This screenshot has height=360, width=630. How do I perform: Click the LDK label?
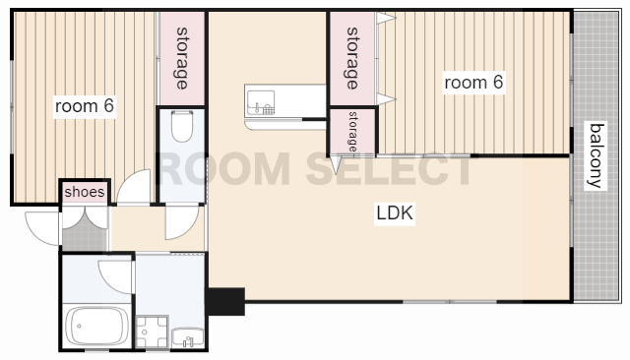pos(395,212)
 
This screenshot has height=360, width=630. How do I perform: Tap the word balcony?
pos(596,155)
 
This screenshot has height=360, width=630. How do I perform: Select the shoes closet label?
pos(85,192)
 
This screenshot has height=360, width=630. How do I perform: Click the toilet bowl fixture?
pos(182,126)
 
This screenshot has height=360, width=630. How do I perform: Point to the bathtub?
pos(96,326)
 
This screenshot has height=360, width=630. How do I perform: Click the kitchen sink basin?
pos(261,102)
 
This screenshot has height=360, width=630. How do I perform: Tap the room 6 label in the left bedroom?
pos(85,106)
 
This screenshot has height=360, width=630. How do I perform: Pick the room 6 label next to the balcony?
pos(473,83)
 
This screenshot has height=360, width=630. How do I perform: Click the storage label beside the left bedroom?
pos(182,58)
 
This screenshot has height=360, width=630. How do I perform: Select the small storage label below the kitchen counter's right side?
pos(352,131)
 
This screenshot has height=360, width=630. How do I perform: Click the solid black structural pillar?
pos(225,301)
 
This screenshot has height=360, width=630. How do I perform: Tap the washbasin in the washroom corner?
pos(188,338)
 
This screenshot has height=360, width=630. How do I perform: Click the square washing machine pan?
pos(152,331)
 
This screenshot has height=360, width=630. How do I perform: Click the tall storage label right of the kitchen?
pos(352,58)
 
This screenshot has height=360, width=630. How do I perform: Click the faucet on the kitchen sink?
pos(257,107)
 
